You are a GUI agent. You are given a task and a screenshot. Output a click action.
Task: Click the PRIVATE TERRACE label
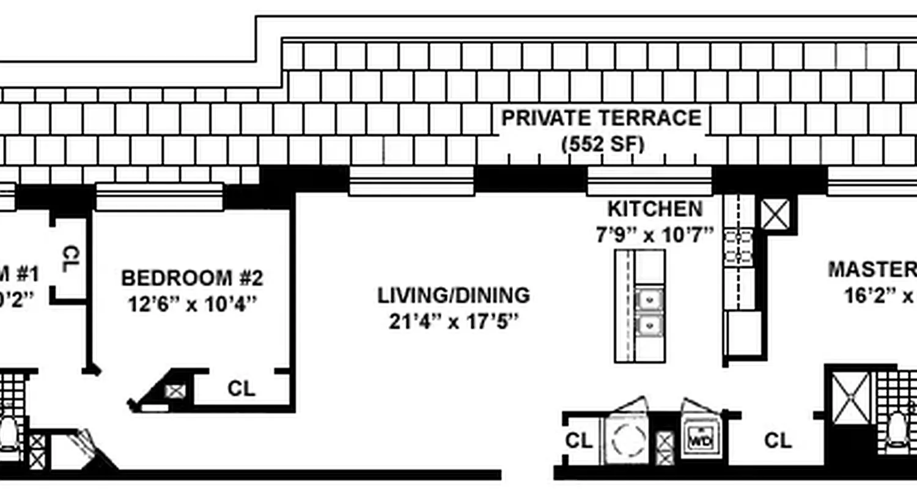pos(602,117)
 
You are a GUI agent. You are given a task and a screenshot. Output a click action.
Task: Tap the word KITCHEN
pos(655,209)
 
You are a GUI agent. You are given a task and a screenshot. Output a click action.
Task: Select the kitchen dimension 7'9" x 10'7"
pos(655,234)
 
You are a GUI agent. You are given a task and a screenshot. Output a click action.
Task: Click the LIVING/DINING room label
pos(453,295)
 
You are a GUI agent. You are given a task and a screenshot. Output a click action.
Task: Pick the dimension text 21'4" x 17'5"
pos(453,322)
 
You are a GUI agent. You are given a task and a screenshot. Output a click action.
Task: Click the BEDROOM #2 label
pos(192,278)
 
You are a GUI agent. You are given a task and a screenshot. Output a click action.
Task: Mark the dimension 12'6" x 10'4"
pos(192,304)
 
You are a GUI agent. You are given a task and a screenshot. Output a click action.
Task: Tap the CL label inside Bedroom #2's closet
pos(241,389)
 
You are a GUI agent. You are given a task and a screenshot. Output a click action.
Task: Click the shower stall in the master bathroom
pos(851,399)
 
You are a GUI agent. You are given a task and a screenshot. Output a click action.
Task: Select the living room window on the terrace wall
pos(411,181)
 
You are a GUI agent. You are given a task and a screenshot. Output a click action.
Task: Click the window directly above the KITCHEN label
pos(649,181)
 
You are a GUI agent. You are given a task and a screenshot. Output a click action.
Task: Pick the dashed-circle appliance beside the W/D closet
pos(630,438)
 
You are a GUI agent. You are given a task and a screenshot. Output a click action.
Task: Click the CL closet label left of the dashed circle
pos(578,441)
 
